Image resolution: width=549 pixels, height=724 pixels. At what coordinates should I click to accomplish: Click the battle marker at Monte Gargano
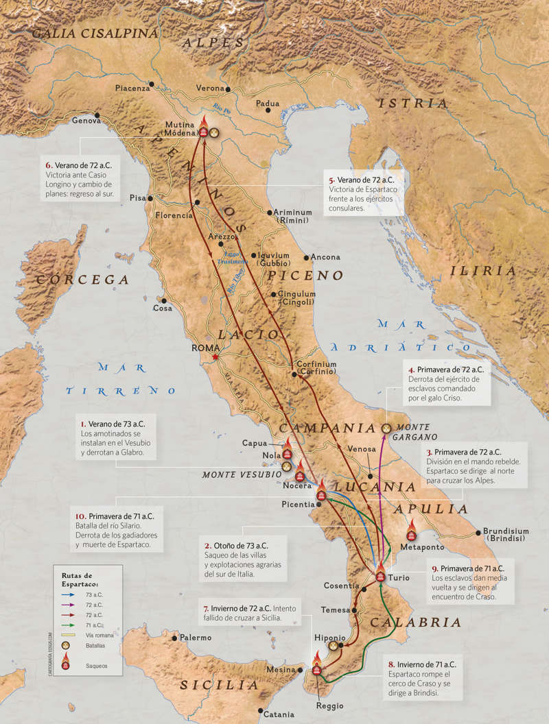pos(386,428)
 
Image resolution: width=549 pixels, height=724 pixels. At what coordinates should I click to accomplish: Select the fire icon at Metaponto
pos(412,532)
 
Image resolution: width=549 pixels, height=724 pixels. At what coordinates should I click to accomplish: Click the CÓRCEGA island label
pos(83,280)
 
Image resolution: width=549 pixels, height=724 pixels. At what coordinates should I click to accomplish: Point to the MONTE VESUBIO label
pos(242,474)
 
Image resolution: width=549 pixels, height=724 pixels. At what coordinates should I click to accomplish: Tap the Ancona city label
pos(325,257)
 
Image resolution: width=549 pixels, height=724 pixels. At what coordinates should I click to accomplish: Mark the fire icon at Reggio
pos(316,671)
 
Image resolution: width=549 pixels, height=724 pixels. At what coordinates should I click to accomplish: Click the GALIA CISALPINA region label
pos(95,33)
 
